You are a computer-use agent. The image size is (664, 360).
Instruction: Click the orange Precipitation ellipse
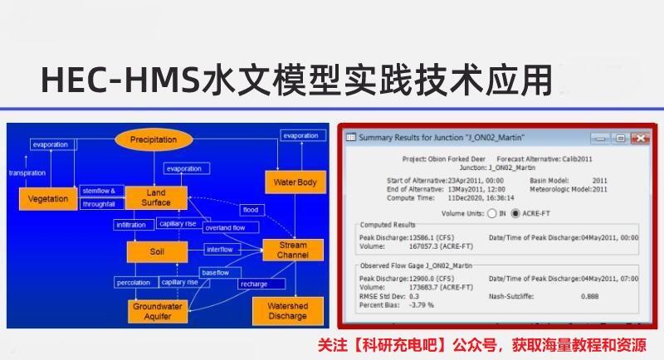pos(154,140)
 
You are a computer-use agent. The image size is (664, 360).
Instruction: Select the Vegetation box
pos(47,199)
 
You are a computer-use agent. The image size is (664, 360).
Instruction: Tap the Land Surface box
pos(155,197)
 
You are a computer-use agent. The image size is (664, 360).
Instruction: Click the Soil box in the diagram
pos(155,250)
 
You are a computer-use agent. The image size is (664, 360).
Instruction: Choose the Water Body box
pos(295,182)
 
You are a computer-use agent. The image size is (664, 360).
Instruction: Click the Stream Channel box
pos(292,250)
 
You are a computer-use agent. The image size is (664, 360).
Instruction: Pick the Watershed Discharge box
pos(287,310)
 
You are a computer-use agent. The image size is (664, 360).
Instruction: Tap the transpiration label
pos(27,173)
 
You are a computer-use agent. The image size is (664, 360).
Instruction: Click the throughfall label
pos(97,204)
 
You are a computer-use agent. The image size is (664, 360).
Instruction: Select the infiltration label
pos(131,225)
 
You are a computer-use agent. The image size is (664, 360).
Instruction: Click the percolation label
pos(133,283)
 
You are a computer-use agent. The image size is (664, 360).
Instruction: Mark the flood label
pos(250,209)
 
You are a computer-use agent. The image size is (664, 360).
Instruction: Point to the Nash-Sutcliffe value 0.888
pos(590,296)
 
